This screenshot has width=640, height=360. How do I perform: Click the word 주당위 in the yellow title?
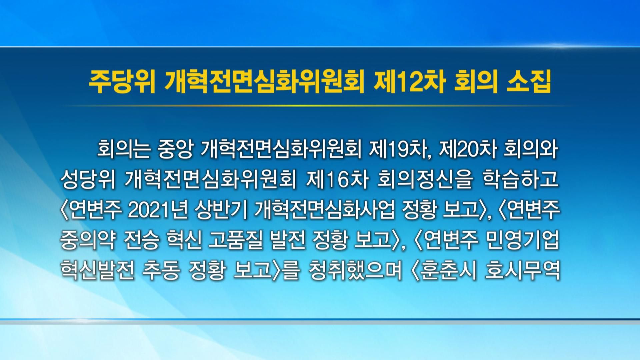pos(121,83)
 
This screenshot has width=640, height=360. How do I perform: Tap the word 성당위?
pos(88,180)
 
